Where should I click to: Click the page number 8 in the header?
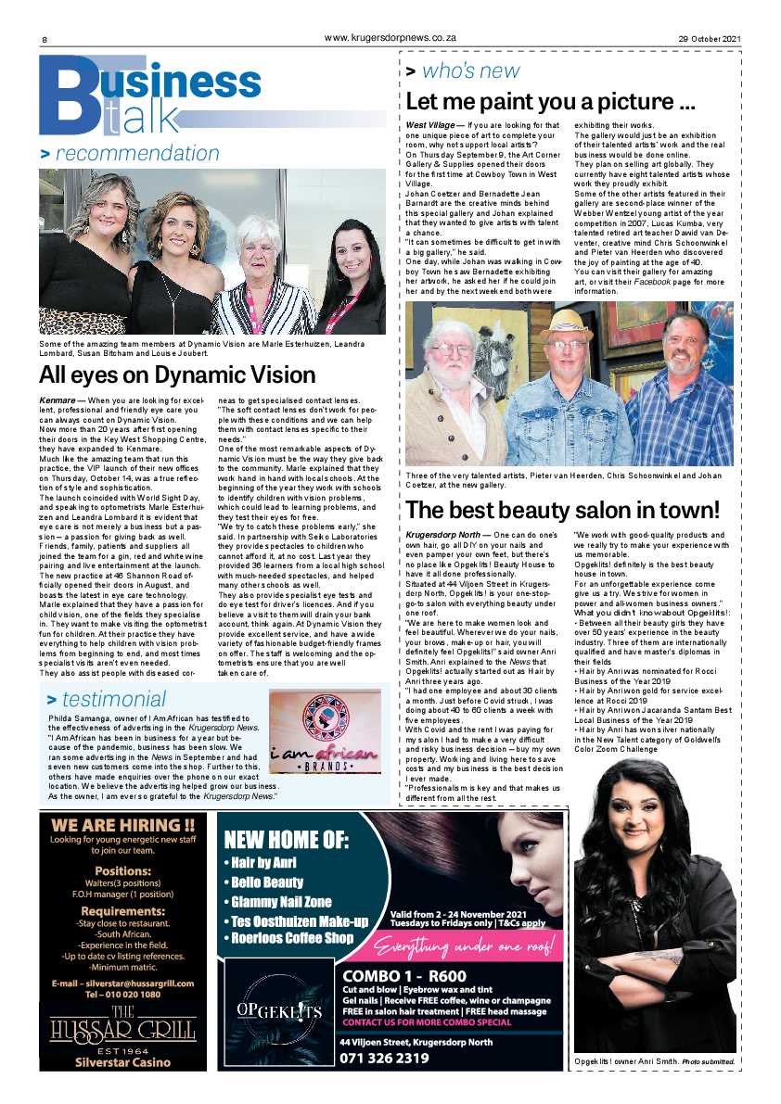tap(44, 39)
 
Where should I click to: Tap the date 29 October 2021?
tap(708, 38)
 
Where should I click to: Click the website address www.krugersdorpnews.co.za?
tap(390, 37)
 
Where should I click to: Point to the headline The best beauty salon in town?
tap(562, 510)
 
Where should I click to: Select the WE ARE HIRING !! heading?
tap(122, 825)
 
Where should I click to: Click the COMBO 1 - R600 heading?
tap(403, 975)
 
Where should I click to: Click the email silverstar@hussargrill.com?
tap(122, 983)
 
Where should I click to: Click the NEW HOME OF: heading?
tap(286, 841)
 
